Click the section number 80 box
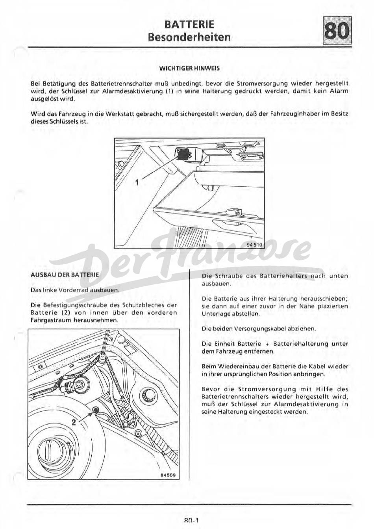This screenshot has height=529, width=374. coord(337,31)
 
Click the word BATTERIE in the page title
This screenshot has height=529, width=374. coord(189,24)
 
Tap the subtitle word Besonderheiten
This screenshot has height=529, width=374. coord(189,37)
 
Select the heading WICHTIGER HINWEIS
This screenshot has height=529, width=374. coord(189,68)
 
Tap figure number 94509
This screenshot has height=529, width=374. coord(167,475)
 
